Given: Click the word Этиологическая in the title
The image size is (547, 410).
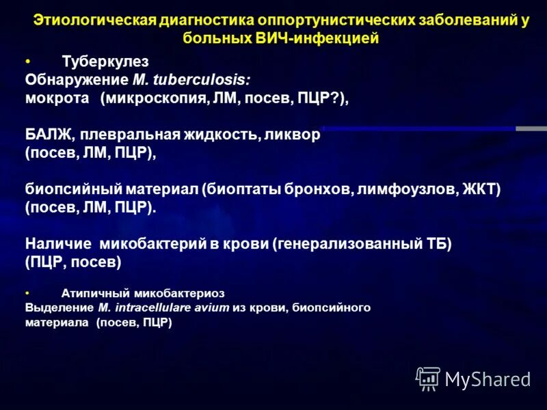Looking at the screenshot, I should coord(92,21).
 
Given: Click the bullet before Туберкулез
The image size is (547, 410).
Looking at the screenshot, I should coord(27,61).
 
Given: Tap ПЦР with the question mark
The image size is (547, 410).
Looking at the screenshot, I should coord(319,98).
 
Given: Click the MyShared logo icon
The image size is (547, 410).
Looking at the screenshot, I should coord(428,378).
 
